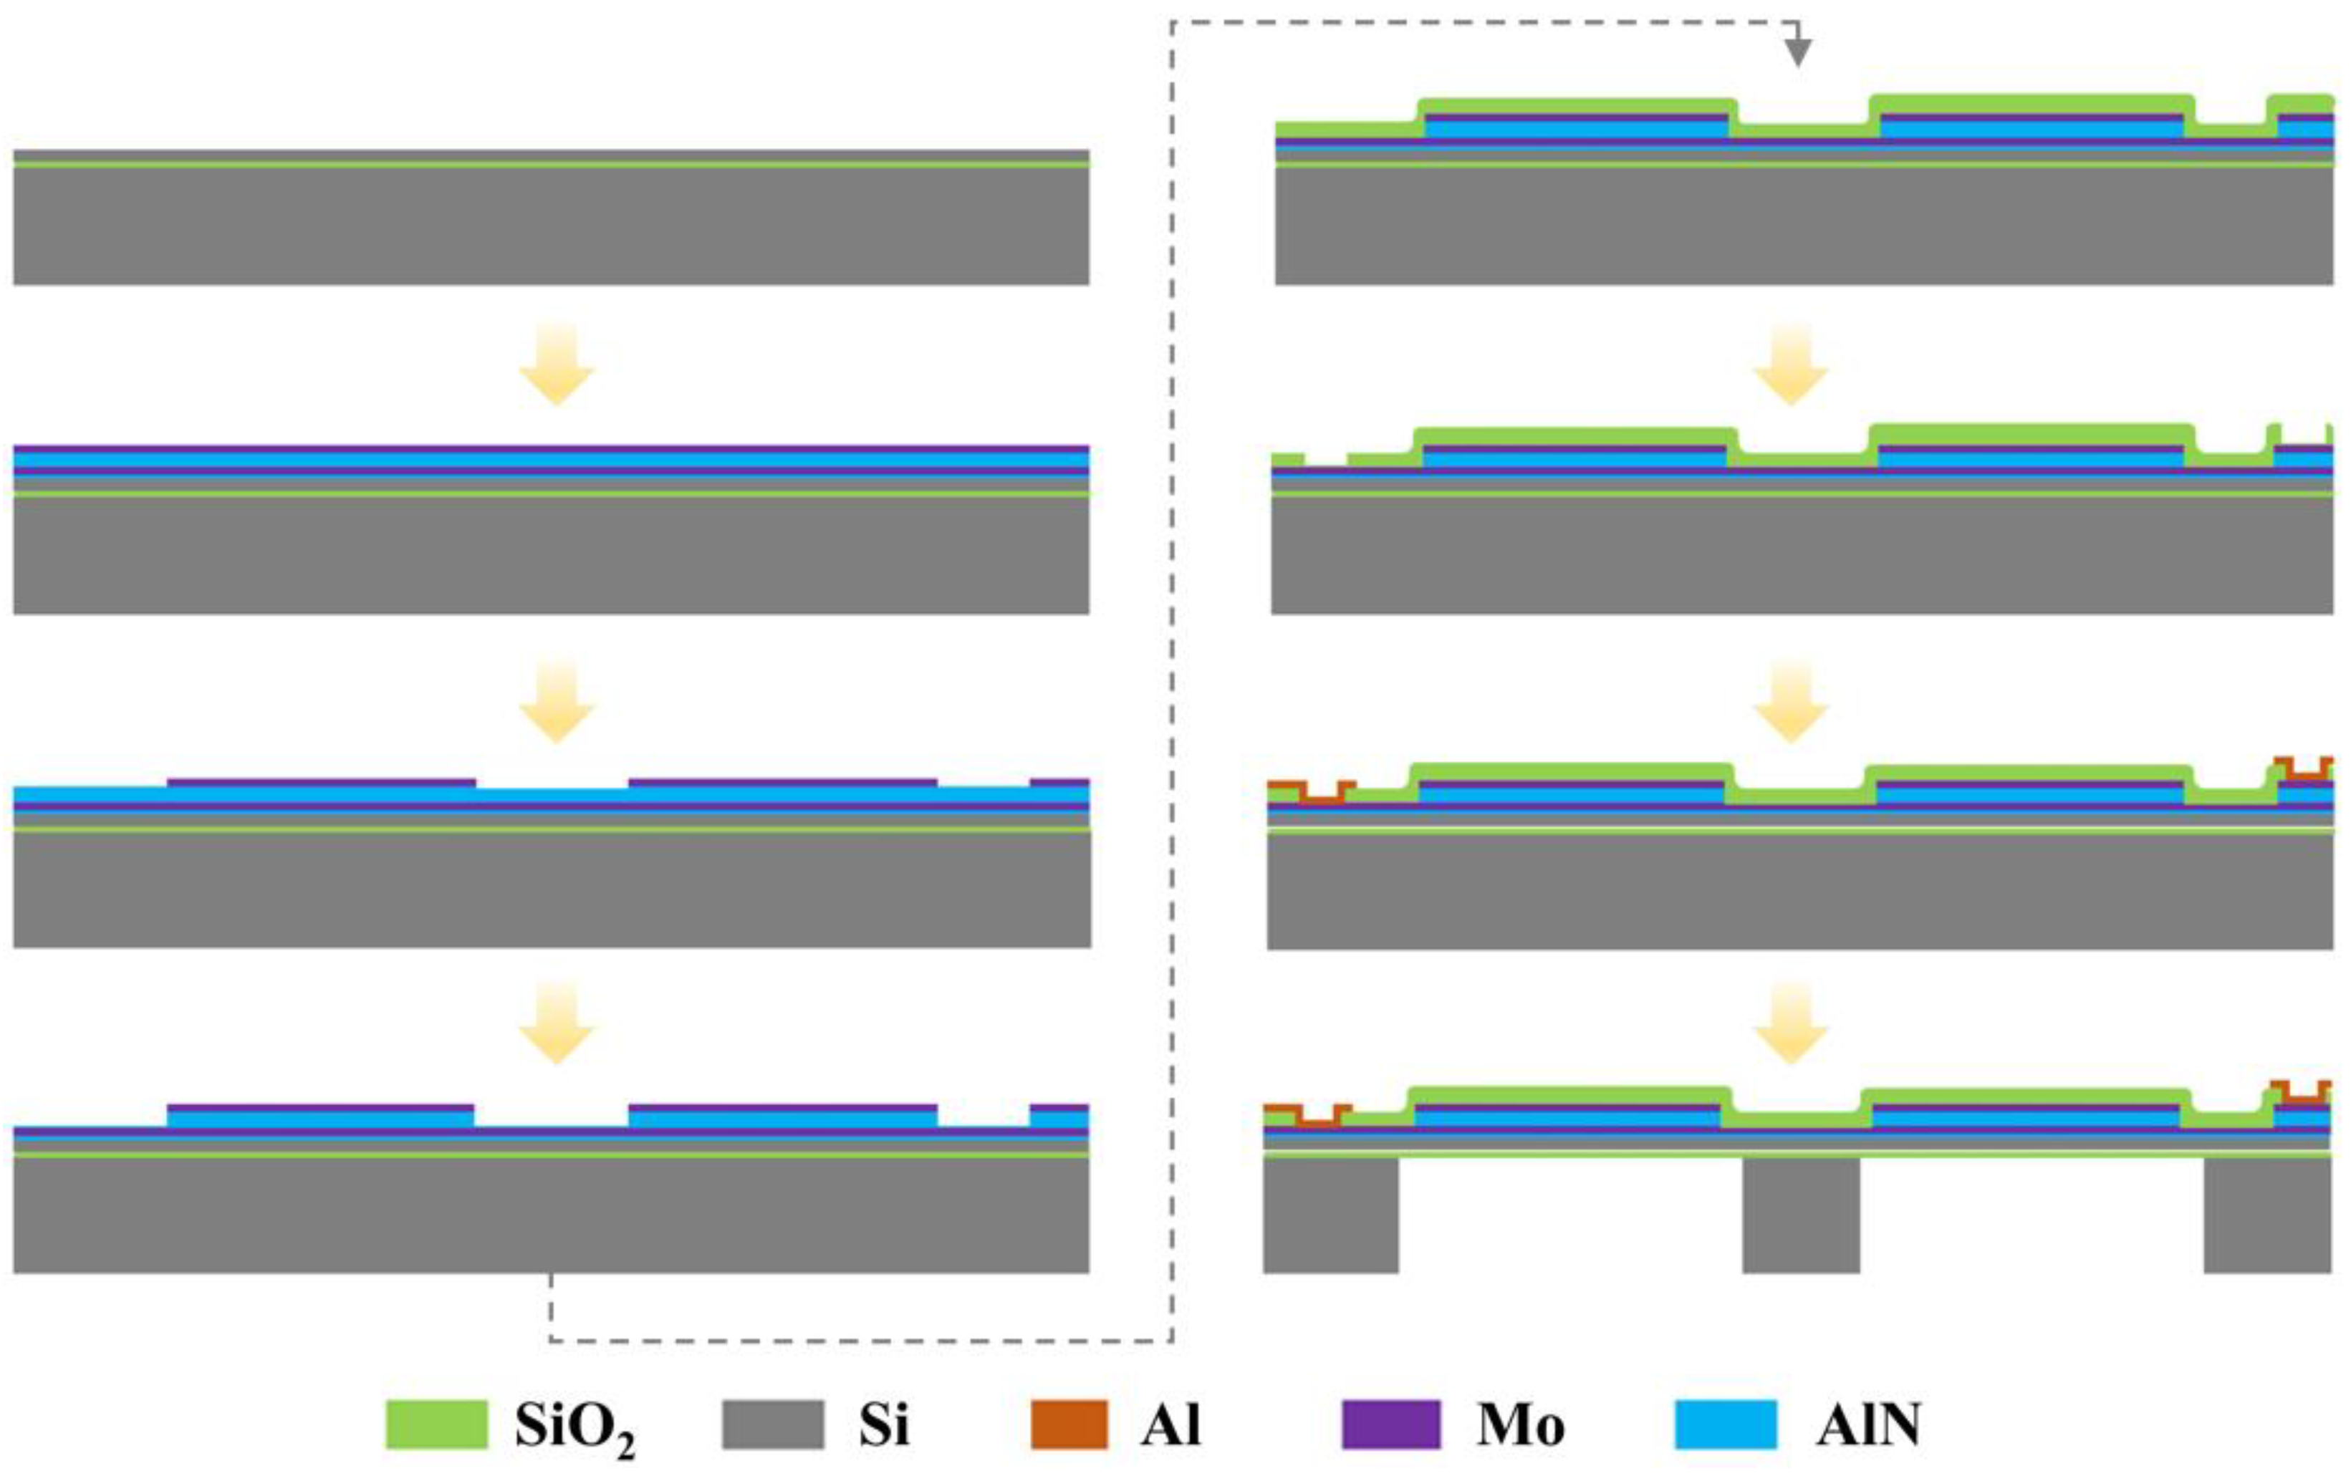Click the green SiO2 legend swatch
(436, 1424)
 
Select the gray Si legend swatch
(772, 1424)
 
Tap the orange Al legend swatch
(1069, 1424)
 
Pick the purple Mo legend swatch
(1390, 1424)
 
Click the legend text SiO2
(574, 1427)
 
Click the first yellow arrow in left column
(557, 365)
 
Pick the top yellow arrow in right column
(1791, 365)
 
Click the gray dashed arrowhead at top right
(1797, 53)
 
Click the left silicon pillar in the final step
(1330, 1215)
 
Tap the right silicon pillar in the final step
(2267, 1215)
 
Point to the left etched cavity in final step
(1570, 1215)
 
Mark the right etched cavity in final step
(2031, 1215)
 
